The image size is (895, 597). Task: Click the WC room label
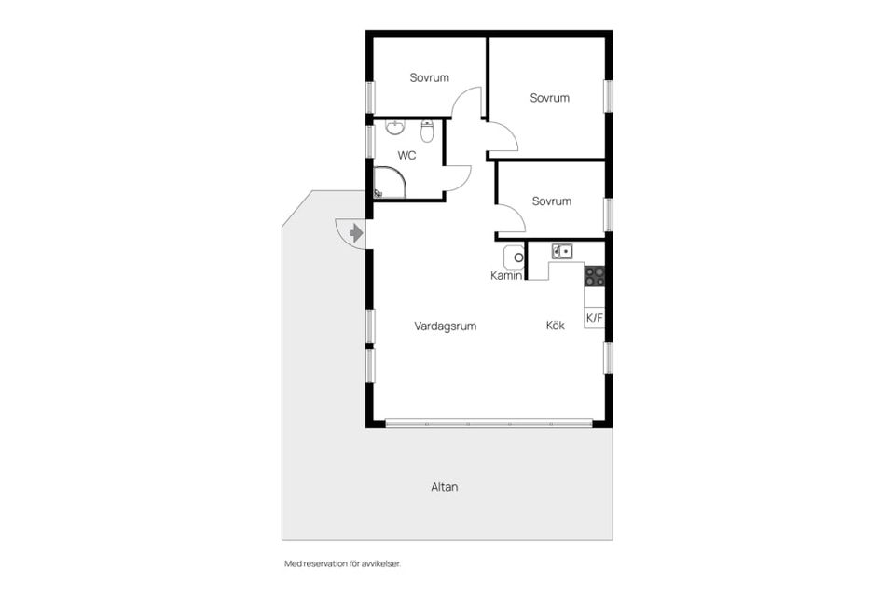406,156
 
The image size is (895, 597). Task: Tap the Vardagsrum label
446,326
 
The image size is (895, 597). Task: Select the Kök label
556,325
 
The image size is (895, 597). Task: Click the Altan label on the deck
445,487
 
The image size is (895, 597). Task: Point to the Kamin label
506,275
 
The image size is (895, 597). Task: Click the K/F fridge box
594,318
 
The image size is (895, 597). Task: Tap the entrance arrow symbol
356,233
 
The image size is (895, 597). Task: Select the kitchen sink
562,251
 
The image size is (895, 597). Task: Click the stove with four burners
594,276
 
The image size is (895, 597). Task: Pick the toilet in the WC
427,132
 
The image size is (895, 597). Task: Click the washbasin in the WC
395,127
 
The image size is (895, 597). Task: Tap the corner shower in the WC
390,182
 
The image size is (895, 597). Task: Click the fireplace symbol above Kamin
514,257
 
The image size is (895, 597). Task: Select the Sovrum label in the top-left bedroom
429,77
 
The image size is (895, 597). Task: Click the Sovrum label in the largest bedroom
550,98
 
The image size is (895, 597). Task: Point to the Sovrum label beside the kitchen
551,201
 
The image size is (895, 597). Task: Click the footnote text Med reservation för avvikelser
342,563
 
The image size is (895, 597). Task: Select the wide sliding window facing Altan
489,423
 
